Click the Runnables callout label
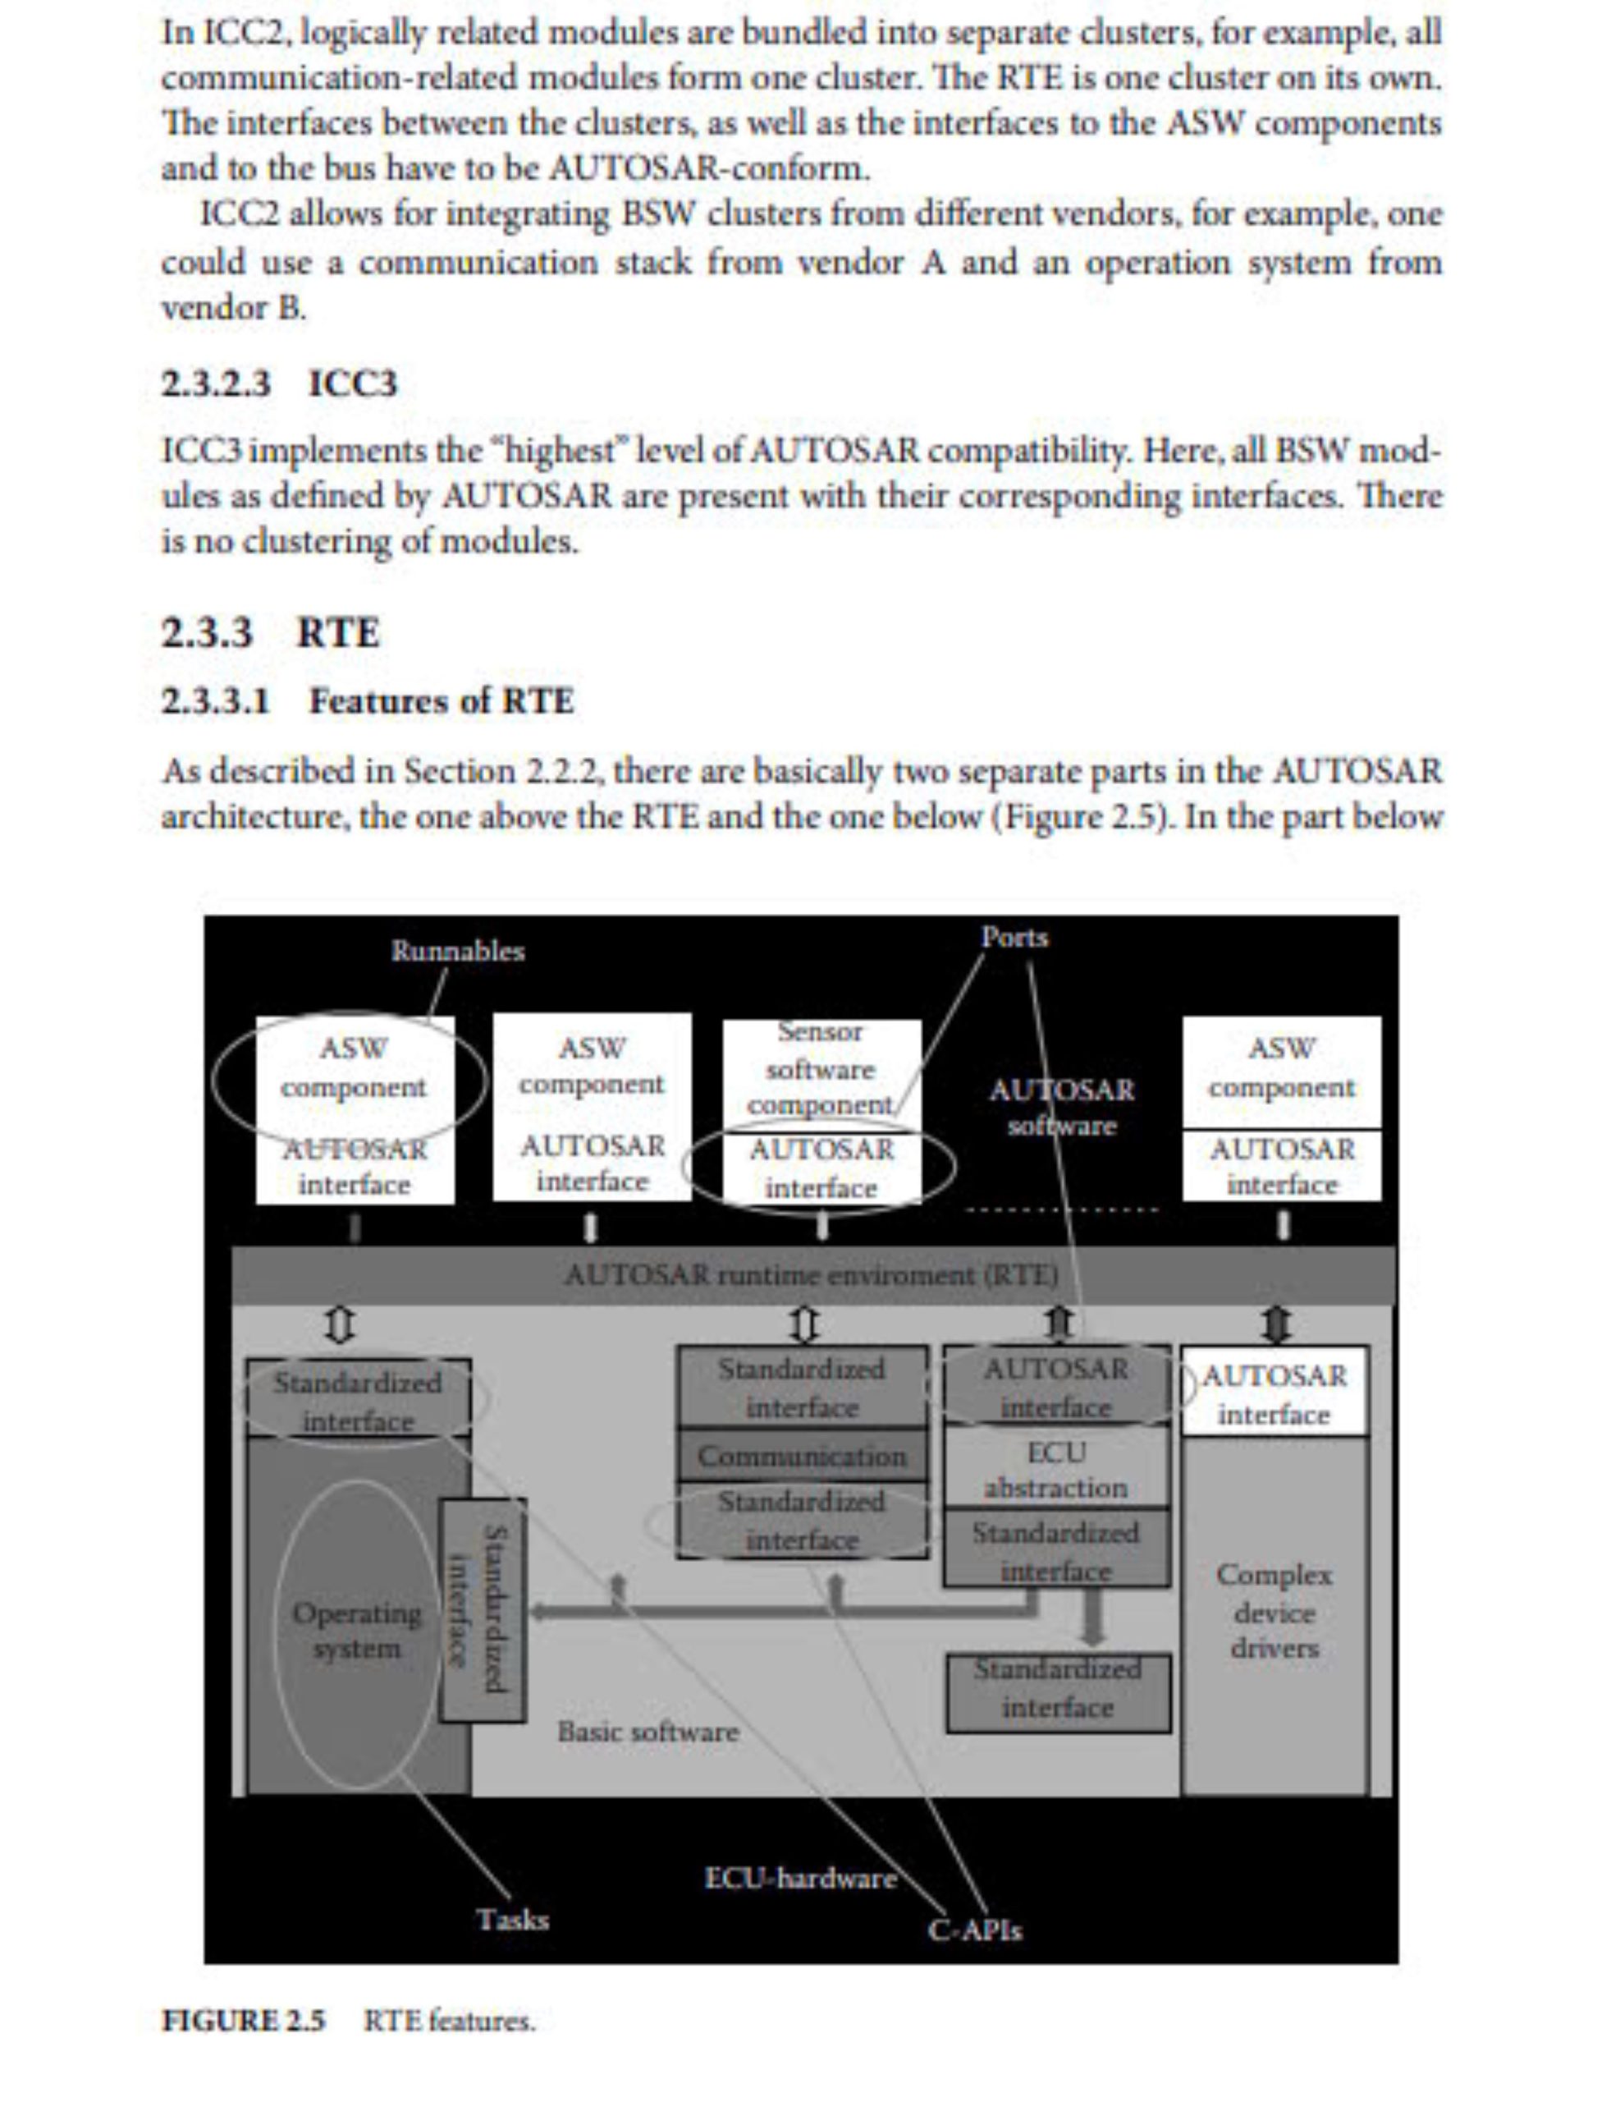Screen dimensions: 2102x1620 [x=457, y=951]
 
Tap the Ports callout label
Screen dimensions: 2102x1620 [x=1014, y=937]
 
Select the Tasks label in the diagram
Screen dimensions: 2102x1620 [x=513, y=1919]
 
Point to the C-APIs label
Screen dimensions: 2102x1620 [x=974, y=1930]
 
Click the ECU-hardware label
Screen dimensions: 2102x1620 [x=800, y=1878]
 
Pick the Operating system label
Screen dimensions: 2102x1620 [x=357, y=1631]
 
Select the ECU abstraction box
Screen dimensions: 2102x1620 [x=1056, y=1470]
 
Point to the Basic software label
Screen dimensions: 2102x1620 [x=648, y=1732]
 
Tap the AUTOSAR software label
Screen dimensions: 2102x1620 [x=1061, y=1107]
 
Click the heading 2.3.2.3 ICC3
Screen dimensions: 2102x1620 [x=279, y=384]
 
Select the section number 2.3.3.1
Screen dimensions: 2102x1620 [x=216, y=700]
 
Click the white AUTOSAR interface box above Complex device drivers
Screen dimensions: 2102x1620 [x=1274, y=1394]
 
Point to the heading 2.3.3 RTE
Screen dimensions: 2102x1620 [x=270, y=632]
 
